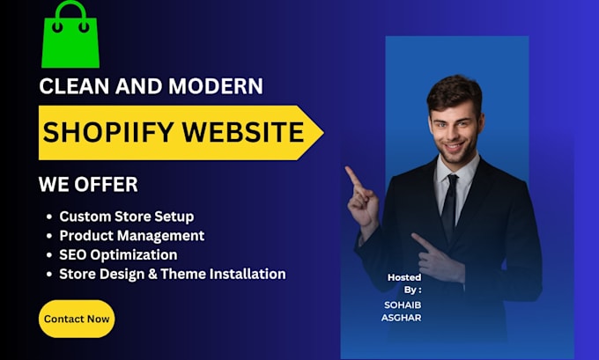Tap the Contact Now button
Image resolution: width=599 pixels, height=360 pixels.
[77, 319]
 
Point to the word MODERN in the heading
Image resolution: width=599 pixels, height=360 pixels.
[215, 86]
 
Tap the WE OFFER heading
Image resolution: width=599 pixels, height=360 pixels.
[88, 185]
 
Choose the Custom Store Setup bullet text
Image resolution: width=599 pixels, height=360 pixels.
[126, 217]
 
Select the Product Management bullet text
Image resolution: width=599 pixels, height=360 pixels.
[131, 236]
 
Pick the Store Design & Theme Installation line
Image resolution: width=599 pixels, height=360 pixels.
[172, 275]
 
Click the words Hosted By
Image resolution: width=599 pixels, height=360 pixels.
[404, 283]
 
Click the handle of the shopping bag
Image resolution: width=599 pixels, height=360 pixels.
[70, 12]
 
